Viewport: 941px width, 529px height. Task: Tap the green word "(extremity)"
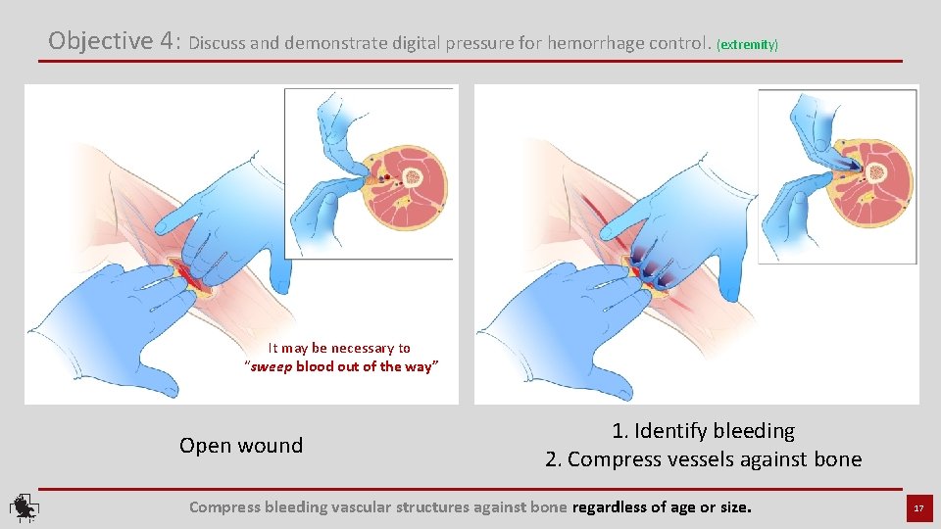tap(748, 45)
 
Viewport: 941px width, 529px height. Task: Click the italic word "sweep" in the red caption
tap(272, 367)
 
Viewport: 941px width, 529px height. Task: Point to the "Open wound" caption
tap(241, 446)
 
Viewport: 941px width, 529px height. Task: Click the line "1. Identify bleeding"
tap(703, 431)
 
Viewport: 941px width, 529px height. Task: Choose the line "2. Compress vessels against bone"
tap(703, 459)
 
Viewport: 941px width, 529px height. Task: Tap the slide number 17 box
tap(918, 508)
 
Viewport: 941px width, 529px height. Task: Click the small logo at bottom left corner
tap(23, 507)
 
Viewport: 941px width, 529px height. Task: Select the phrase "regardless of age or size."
tap(662, 507)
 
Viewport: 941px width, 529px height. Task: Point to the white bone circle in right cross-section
tap(878, 168)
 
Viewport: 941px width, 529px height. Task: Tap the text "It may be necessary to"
tap(339, 349)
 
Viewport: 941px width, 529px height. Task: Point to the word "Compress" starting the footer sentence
tap(223, 507)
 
